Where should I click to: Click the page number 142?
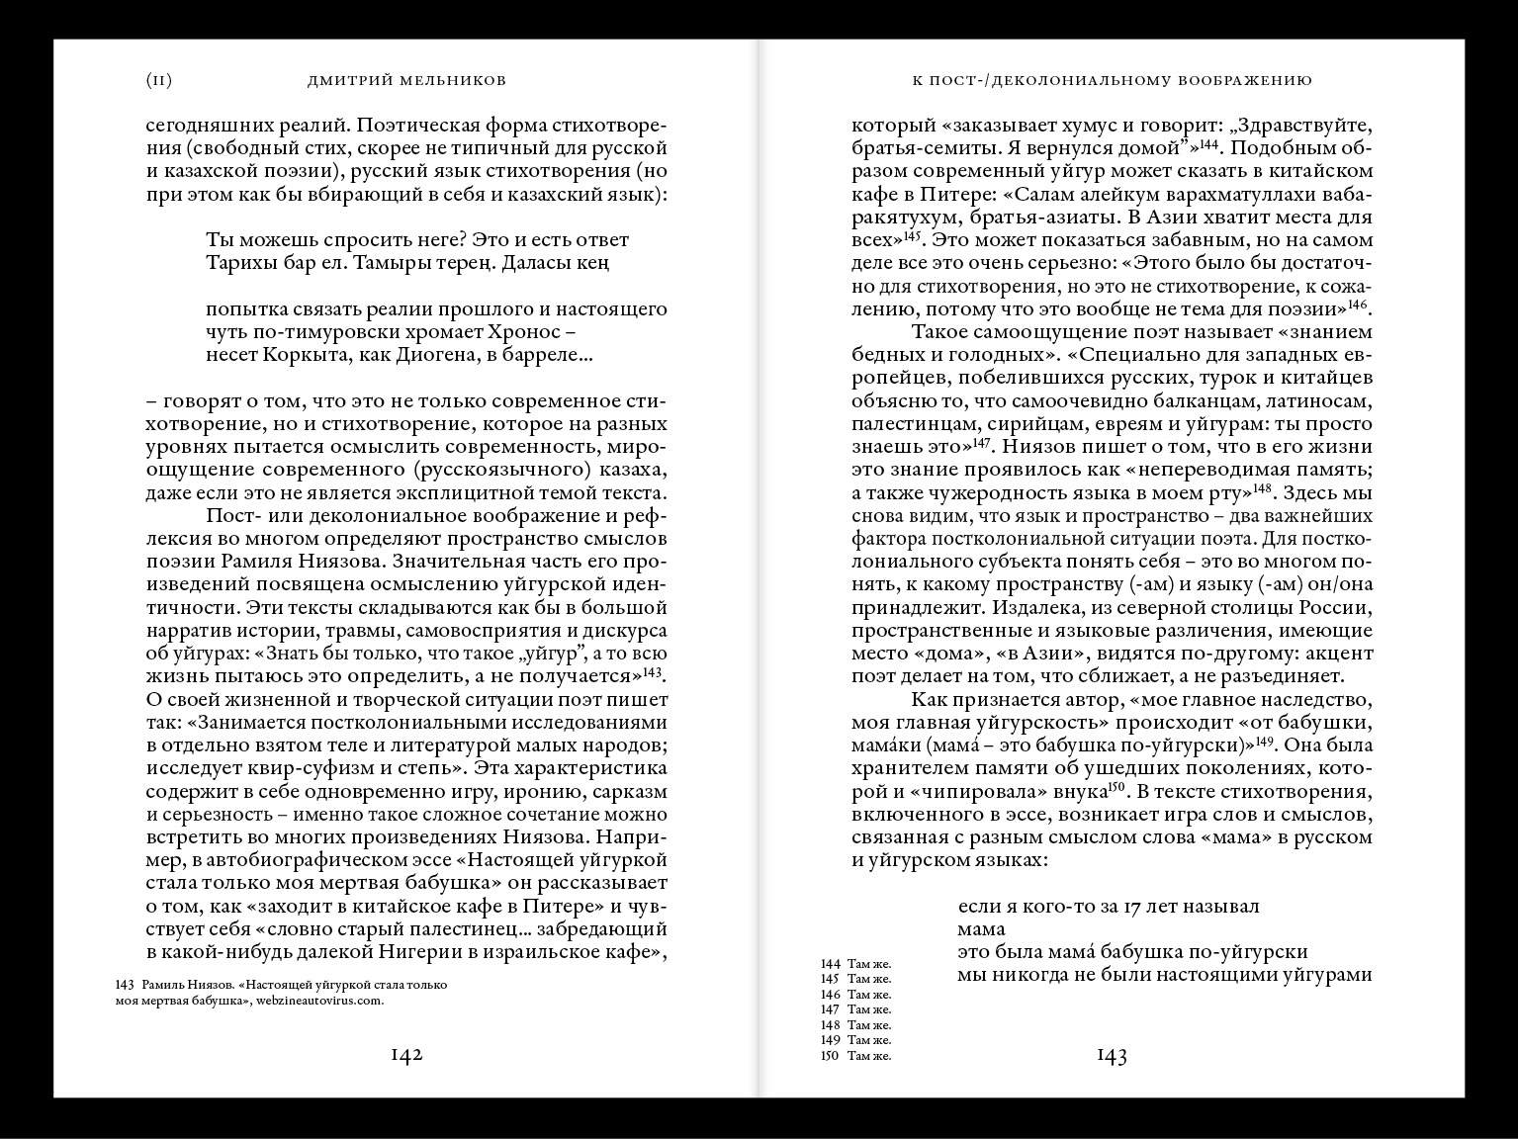(406, 1055)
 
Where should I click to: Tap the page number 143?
(1112, 1056)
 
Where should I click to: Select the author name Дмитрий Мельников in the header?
(408, 81)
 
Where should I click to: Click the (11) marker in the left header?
(159, 81)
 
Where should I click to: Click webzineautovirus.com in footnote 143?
(318, 1000)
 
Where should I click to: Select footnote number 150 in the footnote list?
(830, 1056)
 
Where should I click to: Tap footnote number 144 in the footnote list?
(830, 963)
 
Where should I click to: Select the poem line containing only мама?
(981, 929)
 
